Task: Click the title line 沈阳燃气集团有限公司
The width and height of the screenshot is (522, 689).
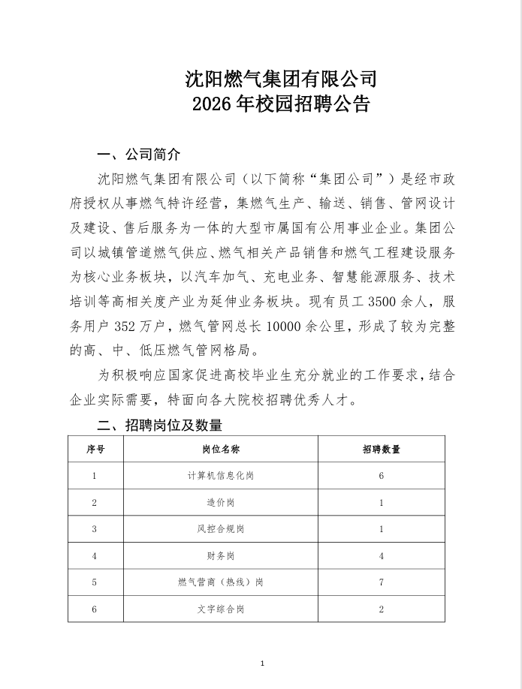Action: pos(280,78)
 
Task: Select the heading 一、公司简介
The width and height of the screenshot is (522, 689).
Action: pos(140,155)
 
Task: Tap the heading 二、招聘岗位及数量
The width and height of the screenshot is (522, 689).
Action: pos(160,426)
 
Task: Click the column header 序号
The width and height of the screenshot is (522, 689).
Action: pos(95,449)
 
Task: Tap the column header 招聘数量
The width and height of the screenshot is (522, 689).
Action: pos(381,449)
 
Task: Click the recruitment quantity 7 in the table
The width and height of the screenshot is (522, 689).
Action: pos(382,582)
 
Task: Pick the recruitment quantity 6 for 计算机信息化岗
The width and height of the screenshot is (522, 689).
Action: pos(382,476)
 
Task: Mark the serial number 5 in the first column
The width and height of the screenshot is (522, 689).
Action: pos(95,582)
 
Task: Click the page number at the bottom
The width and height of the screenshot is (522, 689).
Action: pos(261,663)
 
